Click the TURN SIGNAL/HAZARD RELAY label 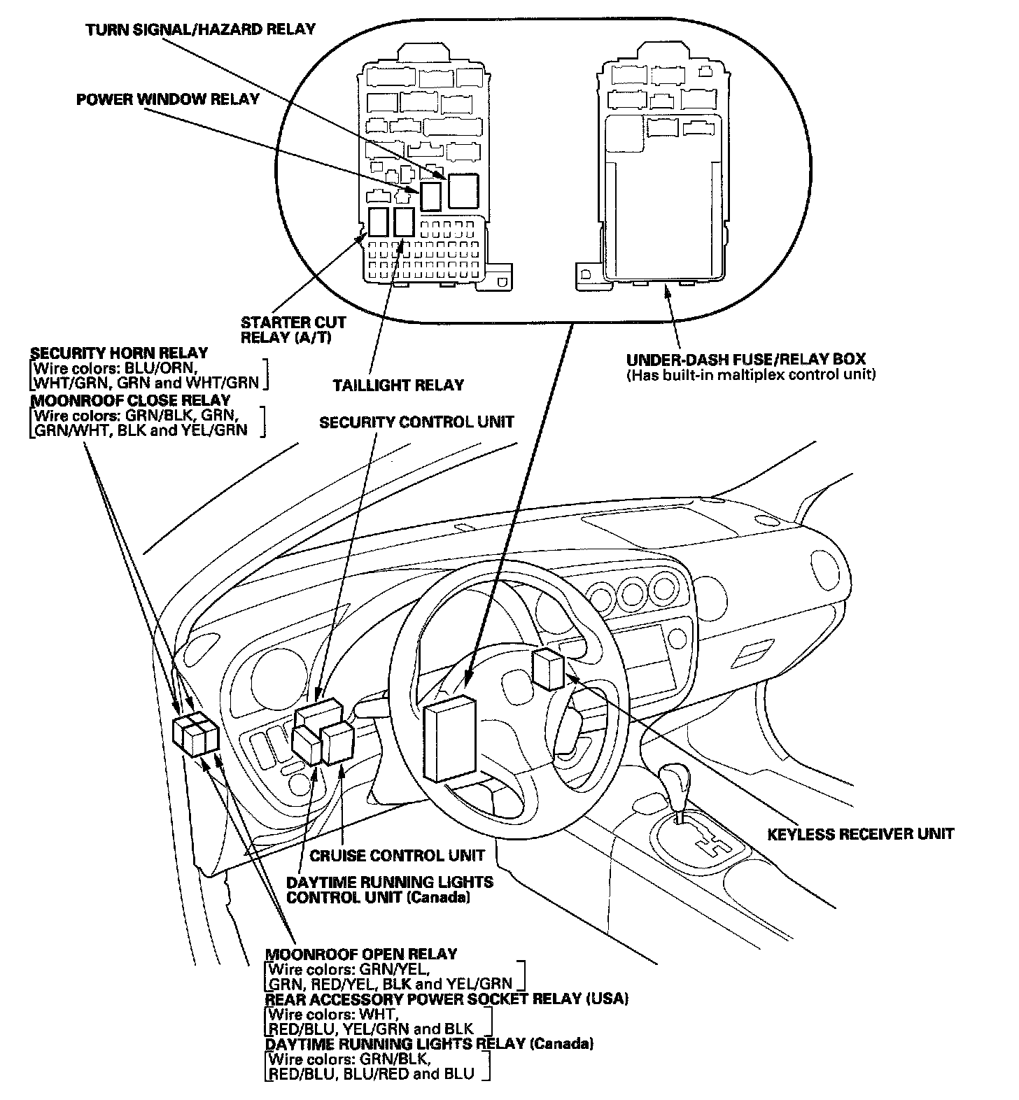(x=201, y=29)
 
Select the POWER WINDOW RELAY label (x=167, y=99)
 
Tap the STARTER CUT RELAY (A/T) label (x=293, y=330)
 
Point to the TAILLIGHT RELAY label (x=398, y=385)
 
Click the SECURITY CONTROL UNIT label (x=416, y=423)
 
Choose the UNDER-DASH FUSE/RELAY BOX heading (x=745, y=360)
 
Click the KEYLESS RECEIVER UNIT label (x=860, y=834)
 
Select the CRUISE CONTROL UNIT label (x=397, y=855)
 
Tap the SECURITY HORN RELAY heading (x=119, y=353)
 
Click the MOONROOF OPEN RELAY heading (x=360, y=954)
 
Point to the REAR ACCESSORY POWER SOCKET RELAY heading (x=446, y=999)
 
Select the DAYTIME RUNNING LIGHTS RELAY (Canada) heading (x=429, y=1044)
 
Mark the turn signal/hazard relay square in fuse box (x=463, y=190)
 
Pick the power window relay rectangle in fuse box (x=430, y=196)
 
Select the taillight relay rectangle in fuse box (x=404, y=222)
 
